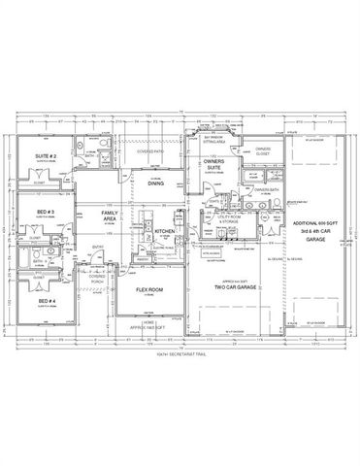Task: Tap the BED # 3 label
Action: coord(46,211)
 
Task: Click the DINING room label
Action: coord(156,183)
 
